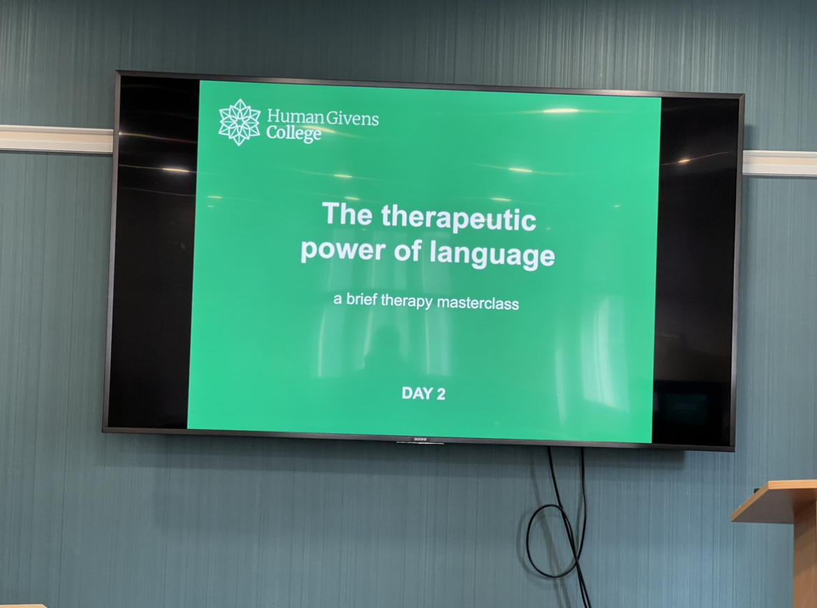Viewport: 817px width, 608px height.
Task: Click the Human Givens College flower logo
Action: (x=239, y=122)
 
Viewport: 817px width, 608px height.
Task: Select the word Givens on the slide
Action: (x=353, y=120)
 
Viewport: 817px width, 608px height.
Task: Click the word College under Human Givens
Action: (x=293, y=135)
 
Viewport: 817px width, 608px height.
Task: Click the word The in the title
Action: (x=347, y=213)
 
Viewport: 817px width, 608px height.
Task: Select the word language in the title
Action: (x=492, y=254)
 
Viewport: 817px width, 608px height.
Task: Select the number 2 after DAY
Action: (x=441, y=394)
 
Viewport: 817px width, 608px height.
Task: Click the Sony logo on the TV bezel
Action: (x=420, y=440)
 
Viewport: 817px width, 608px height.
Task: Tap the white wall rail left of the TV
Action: (x=57, y=138)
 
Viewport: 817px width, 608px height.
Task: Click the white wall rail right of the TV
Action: (x=779, y=164)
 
